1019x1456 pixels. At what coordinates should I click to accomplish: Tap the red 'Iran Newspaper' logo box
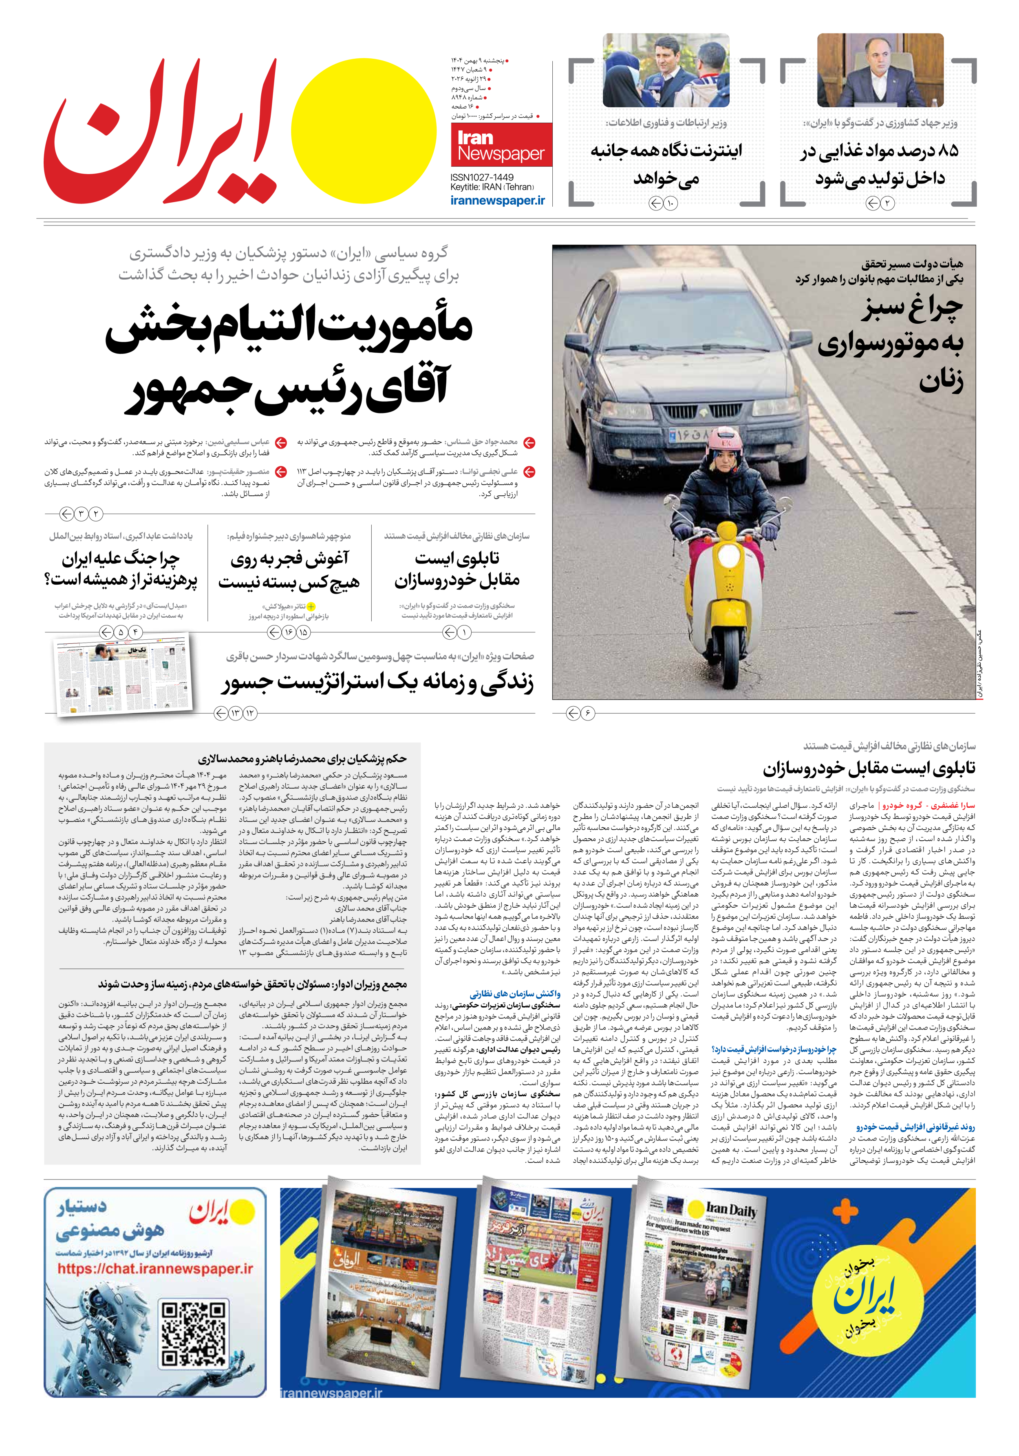coord(501,145)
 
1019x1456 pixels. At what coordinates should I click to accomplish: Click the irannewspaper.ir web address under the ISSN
coord(498,200)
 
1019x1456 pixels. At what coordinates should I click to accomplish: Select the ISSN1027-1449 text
coord(482,177)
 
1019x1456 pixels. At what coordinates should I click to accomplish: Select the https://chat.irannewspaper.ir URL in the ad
coord(155,1269)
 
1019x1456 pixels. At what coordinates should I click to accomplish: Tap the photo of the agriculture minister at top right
coord(880,71)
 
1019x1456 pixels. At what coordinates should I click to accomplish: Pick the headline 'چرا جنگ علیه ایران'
coord(121,559)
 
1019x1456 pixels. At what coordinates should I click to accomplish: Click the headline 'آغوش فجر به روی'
coord(289,559)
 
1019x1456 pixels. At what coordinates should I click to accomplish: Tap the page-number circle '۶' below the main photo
coord(587,714)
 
